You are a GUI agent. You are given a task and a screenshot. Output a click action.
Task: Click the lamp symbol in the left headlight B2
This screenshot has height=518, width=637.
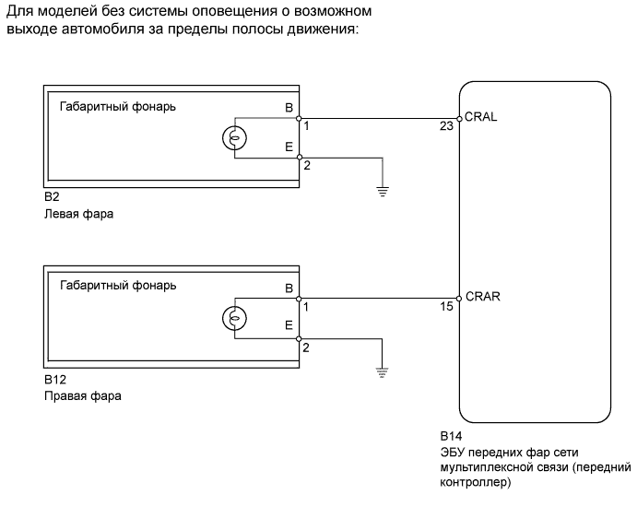tap(234, 138)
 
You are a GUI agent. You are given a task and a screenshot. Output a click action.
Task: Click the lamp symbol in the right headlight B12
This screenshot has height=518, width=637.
tap(234, 319)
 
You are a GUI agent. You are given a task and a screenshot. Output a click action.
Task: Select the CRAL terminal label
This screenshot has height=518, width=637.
tap(483, 117)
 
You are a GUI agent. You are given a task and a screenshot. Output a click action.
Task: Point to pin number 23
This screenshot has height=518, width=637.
tap(447, 127)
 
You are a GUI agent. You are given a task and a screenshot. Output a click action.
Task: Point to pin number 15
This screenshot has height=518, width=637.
tap(447, 307)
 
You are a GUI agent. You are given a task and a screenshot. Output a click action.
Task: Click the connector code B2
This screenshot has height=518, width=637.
tap(52, 198)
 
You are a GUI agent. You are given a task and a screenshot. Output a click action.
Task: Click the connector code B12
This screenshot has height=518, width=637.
tap(54, 379)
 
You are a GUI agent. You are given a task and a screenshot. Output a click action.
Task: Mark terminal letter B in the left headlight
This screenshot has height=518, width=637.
tap(289, 107)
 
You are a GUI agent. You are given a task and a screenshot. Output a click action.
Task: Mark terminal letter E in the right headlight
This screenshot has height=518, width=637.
tap(289, 325)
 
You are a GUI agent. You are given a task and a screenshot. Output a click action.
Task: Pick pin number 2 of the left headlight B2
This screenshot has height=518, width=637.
tap(307, 166)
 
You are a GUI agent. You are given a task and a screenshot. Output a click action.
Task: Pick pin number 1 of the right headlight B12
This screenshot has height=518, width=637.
tap(307, 307)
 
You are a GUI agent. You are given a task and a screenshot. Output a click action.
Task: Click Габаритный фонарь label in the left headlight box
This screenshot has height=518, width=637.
tap(117, 106)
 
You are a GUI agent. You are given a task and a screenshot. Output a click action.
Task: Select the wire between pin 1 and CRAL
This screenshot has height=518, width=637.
tap(378, 118)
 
